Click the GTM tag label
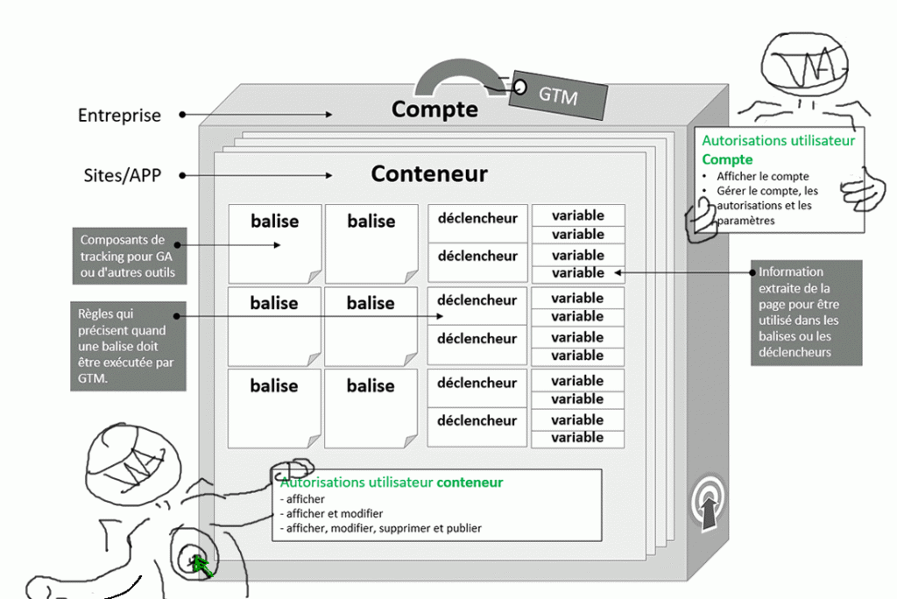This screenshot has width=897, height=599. click(558, 95)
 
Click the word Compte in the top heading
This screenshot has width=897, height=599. click(434, 109)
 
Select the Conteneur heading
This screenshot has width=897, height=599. click(428, 173)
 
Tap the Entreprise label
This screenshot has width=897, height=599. click(119, 116)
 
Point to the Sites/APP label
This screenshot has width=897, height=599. click(121, 175)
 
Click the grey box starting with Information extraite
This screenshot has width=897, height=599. click(806, 312)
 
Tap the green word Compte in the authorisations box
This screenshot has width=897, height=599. click(727, 159)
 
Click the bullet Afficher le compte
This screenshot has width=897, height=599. click(762, 176)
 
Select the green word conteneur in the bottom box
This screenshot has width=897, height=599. click(470, 483)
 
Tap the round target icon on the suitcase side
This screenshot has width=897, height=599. click(709, 504)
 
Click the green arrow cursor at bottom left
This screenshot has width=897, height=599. click(202, 566)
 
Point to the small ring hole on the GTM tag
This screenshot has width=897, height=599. click(519, 87)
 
